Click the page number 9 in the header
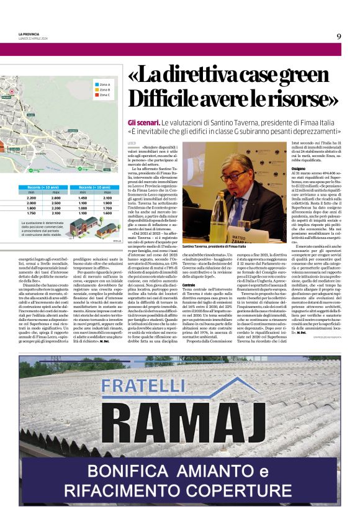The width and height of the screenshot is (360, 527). point(339,36)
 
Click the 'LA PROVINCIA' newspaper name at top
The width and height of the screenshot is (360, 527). point(29,34)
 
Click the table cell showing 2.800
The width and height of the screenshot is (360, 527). point(55,197)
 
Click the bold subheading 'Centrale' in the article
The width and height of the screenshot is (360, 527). point(189,284)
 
